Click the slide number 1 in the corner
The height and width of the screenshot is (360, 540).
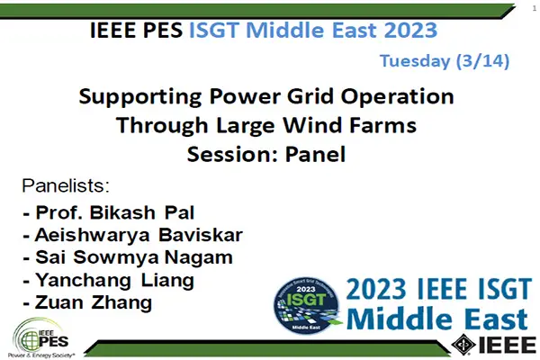point(533,7)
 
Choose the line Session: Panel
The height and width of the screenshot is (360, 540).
point(265,153)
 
